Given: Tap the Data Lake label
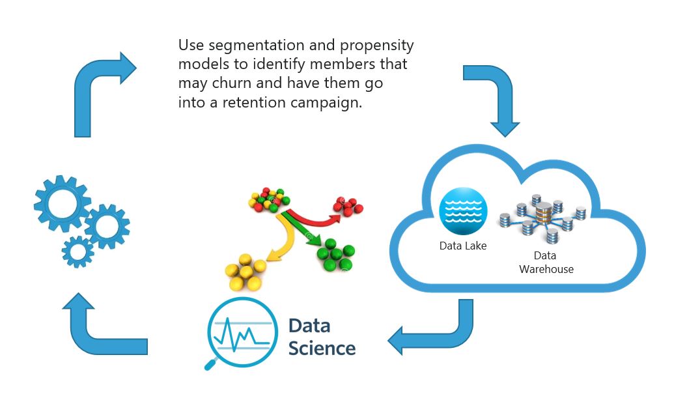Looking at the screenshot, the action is (x=463, y=246).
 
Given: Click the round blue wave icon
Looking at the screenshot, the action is (x=463, y=211).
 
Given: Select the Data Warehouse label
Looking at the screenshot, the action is (x=546, y=263).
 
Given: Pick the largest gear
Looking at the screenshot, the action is (x=63, y=203).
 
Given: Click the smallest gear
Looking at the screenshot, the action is (x=77, y=252).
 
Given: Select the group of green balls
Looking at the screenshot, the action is (x=336, y=255).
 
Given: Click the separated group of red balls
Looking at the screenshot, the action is (x=348, y=206).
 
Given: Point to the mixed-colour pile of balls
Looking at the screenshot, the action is (x=269, y=199).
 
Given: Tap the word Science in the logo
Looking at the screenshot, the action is (x=322, y=349).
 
